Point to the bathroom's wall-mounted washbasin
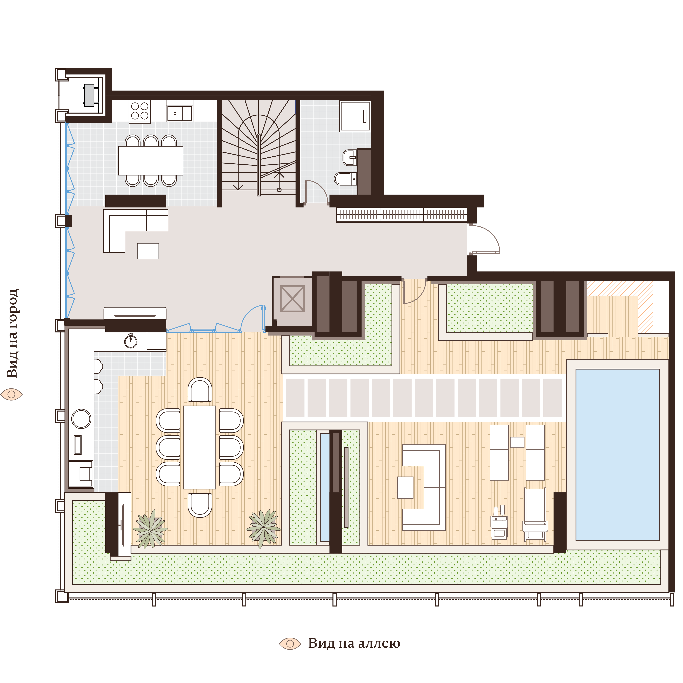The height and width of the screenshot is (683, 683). [349, 157]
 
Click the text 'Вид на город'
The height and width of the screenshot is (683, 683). [13, 333]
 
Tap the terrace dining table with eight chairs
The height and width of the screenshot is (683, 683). [199, 447]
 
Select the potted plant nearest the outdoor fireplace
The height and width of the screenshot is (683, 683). [151, 528]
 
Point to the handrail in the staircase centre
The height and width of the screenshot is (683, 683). [259, 164]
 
